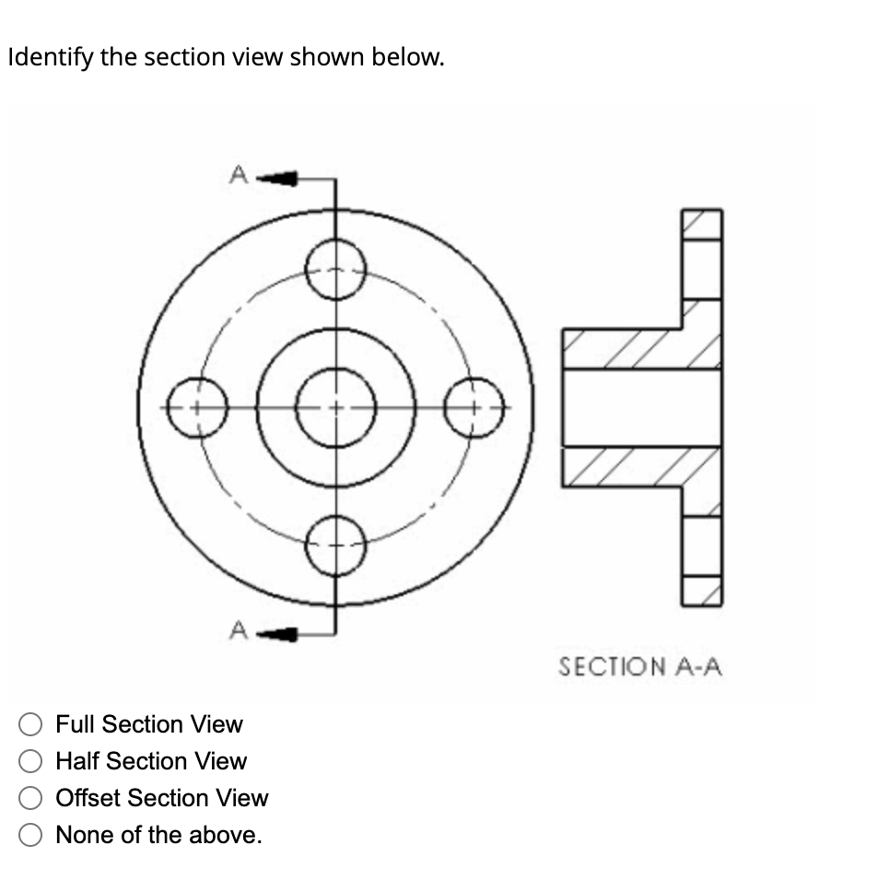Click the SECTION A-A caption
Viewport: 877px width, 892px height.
point(640,665)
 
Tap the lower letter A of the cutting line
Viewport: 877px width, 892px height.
point(238,631)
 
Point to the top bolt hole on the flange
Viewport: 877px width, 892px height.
point(335,268)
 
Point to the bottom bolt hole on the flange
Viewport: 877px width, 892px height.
point(335,546)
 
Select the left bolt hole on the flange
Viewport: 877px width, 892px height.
point(197,406)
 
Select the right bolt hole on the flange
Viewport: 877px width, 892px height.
point(474,406)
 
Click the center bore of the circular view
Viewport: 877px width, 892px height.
point(335,406)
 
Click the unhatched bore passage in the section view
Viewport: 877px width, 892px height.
point(640,407)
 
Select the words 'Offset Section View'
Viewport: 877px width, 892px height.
point(162,798)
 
